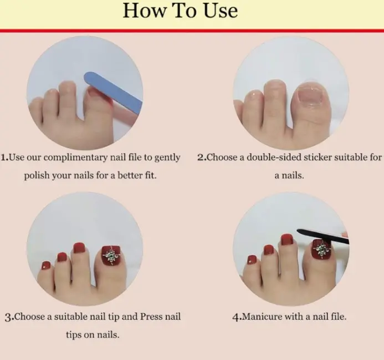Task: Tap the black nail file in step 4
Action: (x=323, y=236)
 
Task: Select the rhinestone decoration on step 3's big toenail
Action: (x=111, y=256)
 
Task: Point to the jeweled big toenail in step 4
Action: (x=321, y=250)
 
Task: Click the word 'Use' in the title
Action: (x=221, y=11)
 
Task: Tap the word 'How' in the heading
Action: (x=144, y=11)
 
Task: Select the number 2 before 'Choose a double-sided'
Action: (x=201, y=157)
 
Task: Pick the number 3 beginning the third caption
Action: (x=8, y=317)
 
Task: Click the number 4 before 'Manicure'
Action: (x=235, y=317)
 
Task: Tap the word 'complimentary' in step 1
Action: (x=75, y=158)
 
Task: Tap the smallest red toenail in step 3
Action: (x=46, y=265)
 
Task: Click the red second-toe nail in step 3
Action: (x=79, y=248)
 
